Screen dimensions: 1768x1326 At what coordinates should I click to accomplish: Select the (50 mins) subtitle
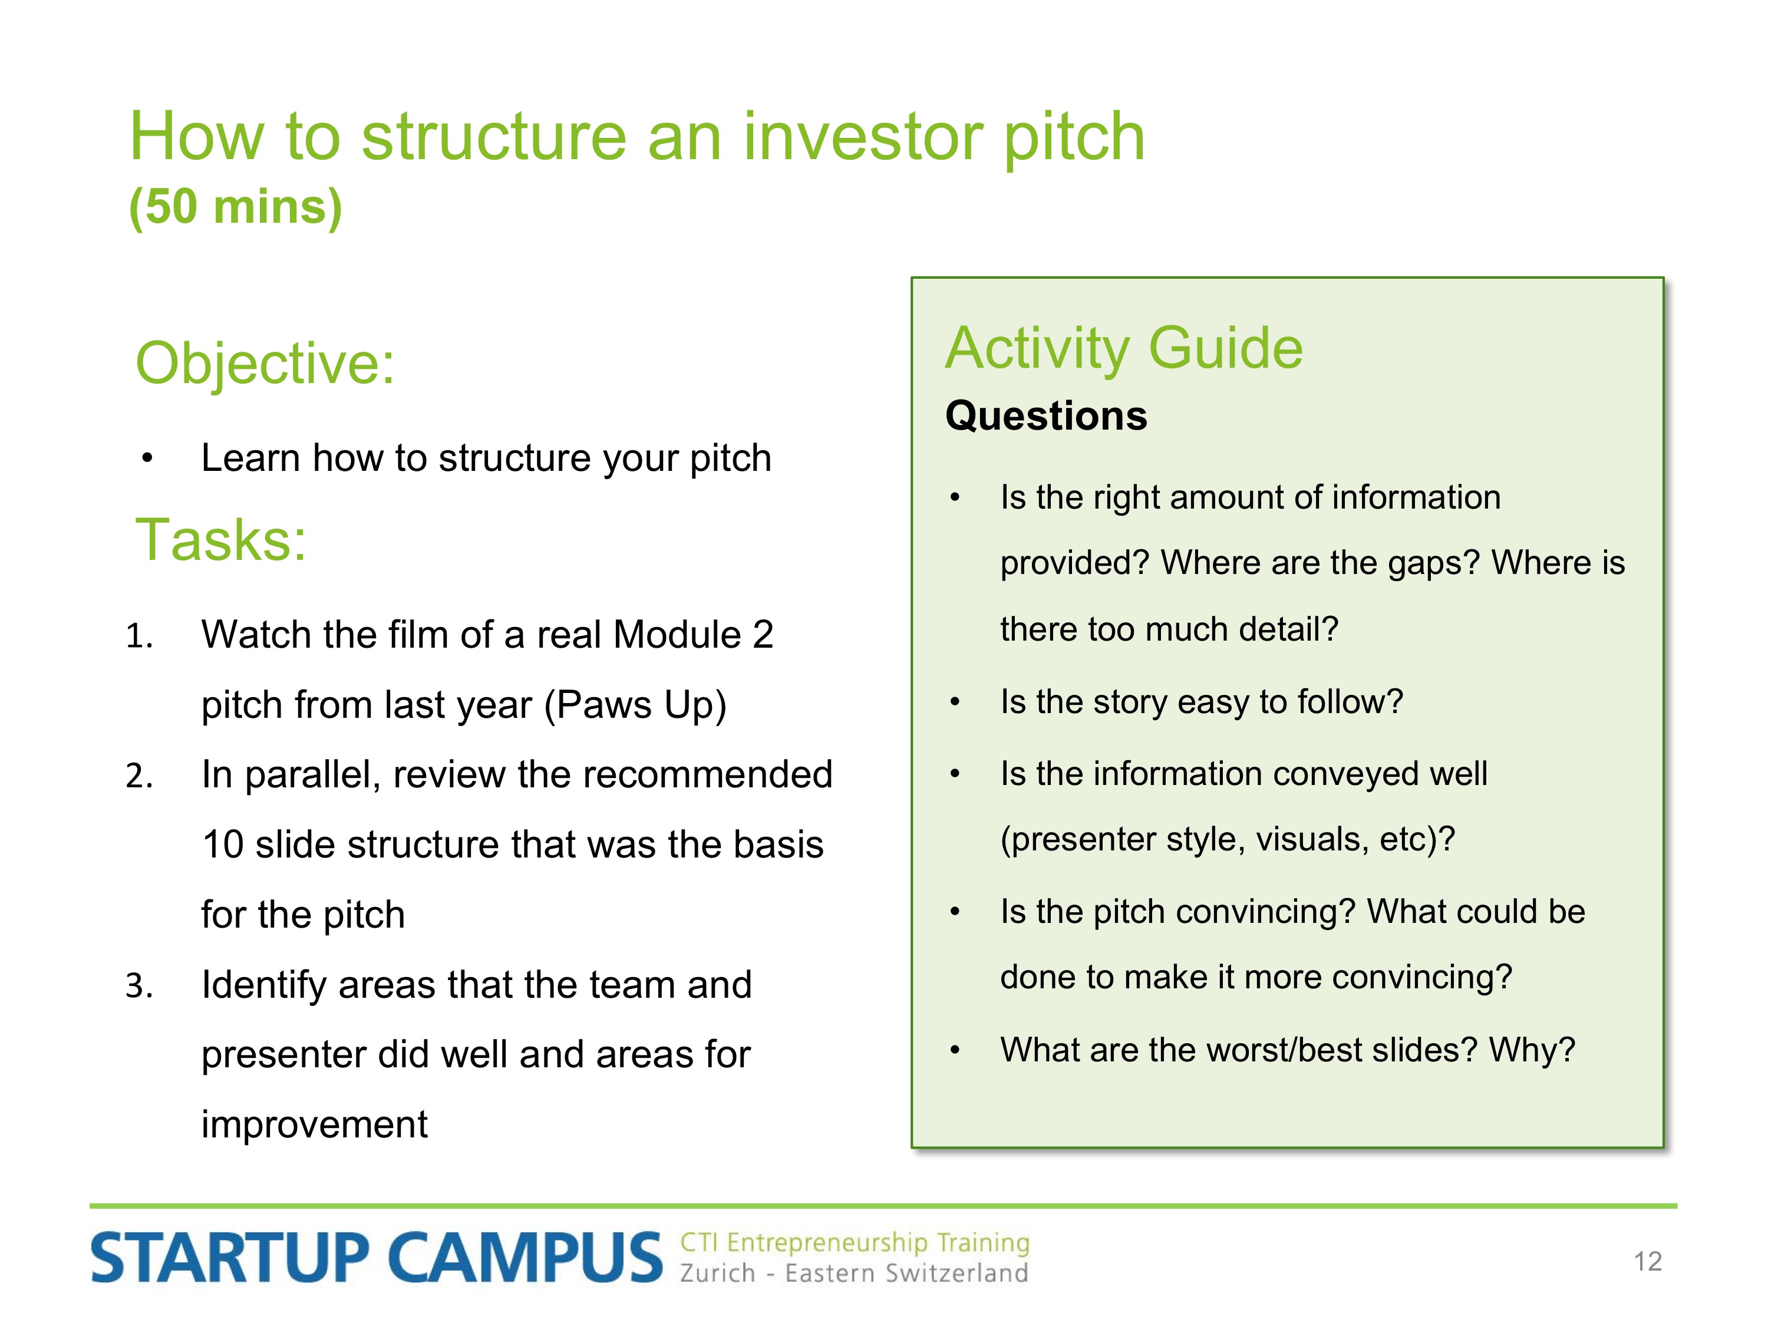(236, 206)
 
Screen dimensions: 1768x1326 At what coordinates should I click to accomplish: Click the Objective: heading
(265, 364)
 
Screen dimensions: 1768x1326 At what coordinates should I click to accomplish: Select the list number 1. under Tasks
(139, 636)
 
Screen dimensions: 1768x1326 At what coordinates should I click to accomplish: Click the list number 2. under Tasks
(139, 776)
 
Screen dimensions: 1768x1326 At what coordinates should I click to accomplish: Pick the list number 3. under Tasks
(139, 985)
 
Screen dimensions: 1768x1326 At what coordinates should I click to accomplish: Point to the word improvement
(314, 1124)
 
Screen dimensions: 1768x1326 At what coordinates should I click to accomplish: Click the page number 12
(1647, 1261)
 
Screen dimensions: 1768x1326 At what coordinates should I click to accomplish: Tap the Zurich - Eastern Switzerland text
(853, 1273)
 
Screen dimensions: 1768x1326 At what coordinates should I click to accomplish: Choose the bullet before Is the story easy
(954, 702)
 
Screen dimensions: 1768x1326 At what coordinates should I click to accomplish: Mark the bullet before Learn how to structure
(147, 459)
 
